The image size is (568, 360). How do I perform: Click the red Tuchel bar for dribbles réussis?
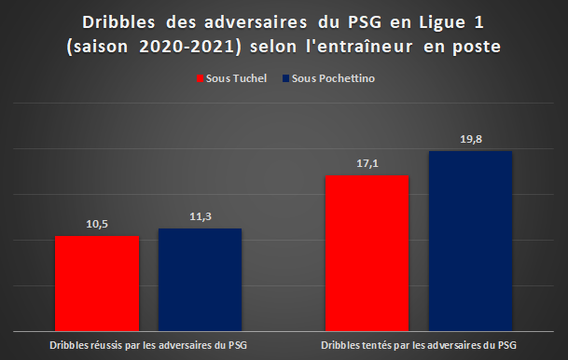(97, 284)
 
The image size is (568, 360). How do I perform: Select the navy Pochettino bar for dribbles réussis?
(200, 280)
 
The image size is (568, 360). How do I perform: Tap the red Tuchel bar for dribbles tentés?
(367, 253)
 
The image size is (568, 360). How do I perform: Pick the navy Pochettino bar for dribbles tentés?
(471, 241)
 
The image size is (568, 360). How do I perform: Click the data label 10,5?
(97, 224)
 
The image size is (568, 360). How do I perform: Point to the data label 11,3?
(201, 216)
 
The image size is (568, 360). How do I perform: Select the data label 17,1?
(367, 164)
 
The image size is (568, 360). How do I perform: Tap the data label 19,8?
(471, 139)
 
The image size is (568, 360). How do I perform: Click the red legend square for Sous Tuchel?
(200, 78)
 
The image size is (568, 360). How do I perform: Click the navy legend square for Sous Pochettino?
(285, 78)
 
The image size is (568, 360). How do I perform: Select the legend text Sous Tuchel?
(236, 78)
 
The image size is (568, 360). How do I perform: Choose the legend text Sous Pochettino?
(333, 78)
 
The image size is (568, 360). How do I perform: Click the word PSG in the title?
(365, 22)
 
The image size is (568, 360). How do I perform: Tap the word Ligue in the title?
(442, 23)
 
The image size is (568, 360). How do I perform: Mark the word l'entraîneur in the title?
(359, 47)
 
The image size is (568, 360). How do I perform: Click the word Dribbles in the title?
(118, 22)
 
